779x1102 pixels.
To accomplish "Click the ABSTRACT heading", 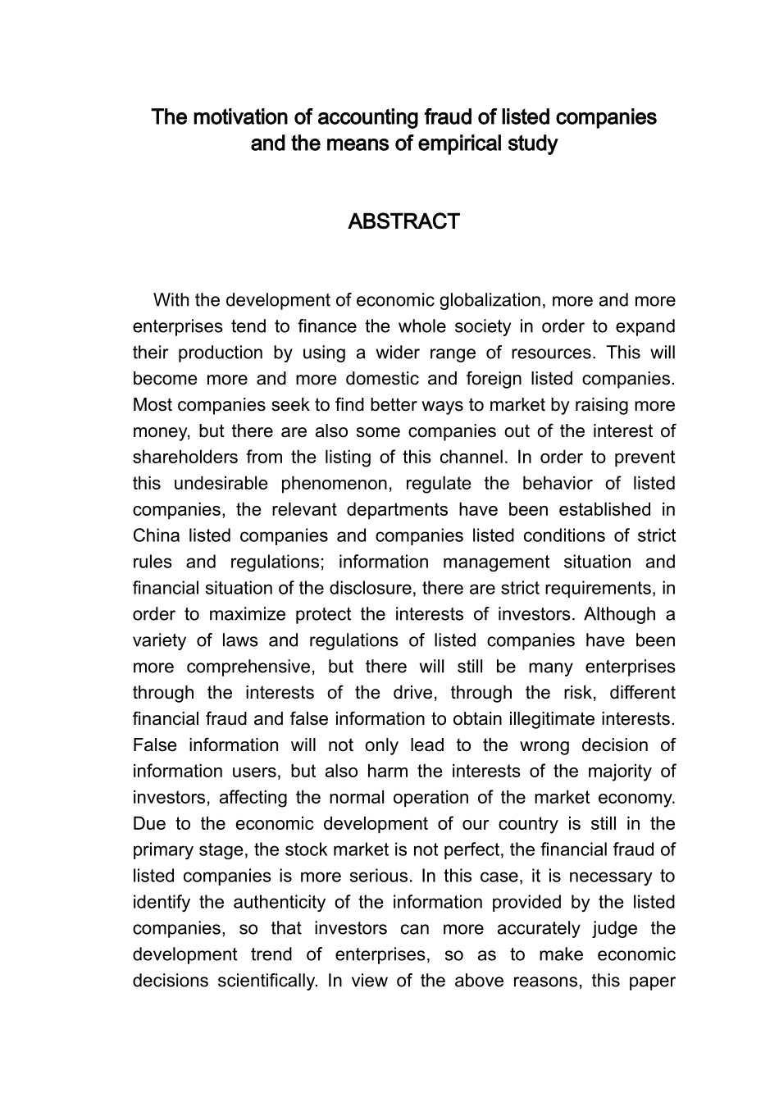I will [x=403, y=222].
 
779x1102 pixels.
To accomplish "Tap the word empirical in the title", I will [x=456, y=143].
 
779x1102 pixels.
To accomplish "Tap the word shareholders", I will [x=184, y=458].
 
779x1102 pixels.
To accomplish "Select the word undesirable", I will [x=217, y=484].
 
